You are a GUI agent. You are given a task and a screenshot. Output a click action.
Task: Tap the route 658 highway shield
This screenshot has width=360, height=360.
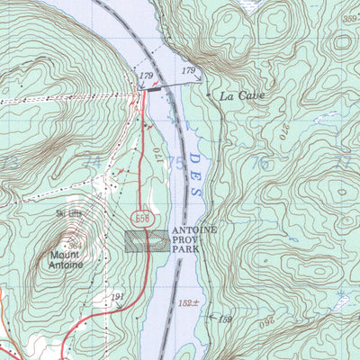142,219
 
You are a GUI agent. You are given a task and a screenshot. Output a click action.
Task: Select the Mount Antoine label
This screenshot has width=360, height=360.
60,259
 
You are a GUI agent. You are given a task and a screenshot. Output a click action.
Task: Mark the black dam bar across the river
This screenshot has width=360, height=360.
158,88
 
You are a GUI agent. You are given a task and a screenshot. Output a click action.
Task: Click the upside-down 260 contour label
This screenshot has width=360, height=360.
267,320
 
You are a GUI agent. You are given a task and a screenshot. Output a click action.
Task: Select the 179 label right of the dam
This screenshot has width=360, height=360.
189,69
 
